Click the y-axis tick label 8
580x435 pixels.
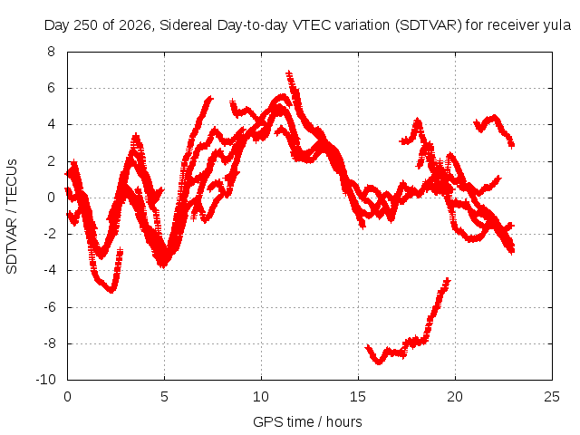point(51,52)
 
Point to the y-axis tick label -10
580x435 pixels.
point(46,380)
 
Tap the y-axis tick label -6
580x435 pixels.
point(50,306)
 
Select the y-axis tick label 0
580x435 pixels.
point(51,198)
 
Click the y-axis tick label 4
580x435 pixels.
point(51,125)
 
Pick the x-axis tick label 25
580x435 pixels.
point(552,397)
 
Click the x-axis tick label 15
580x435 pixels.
point(358,397)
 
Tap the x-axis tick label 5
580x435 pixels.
point(164,397)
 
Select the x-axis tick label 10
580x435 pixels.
point(261,397)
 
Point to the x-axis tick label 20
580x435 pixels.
point(455,397)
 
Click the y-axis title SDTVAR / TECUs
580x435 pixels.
point(12,217)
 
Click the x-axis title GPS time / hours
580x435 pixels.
point(307,421)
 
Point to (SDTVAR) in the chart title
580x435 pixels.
point(429,25)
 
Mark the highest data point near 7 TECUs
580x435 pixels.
point(288,73)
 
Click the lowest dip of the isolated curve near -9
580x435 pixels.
point(379,361)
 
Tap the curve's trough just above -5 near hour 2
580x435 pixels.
point(111,290)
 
